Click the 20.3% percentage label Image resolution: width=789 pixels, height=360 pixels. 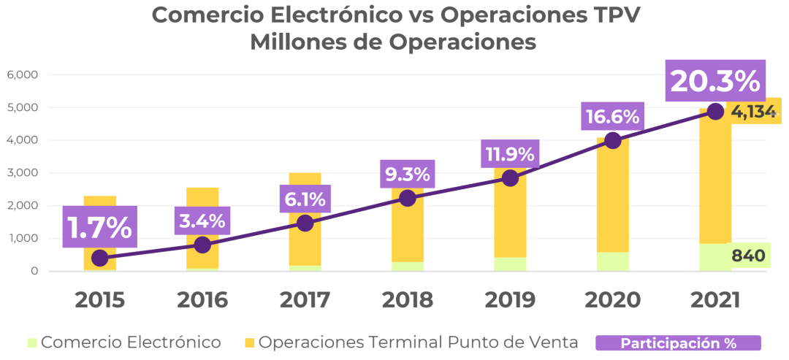(x=714, y=81)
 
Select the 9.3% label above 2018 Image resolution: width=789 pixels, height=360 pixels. (x=408, y=175)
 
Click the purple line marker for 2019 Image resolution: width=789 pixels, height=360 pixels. (x=510, y=177)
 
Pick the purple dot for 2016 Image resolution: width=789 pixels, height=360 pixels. (x=202, y=245)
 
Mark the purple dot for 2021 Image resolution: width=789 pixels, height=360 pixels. (x=715, y=111)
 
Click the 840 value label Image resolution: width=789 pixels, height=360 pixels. (x=747, y=256)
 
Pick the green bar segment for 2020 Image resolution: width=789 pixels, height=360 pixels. (x=612, y=261)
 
